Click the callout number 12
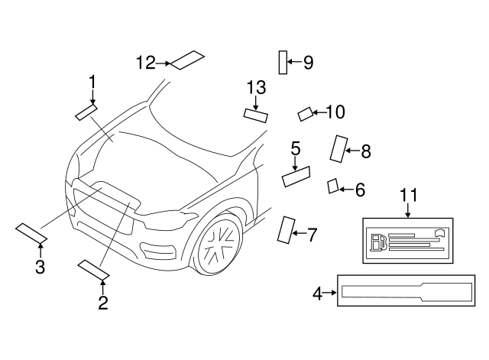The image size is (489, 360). (x=145, y=63)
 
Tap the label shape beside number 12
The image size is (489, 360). (x=187, y=60)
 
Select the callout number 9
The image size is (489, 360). (x=308, y=63)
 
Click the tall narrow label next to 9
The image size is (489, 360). (x=283, y=62)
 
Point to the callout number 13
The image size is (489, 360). (x=256, y=88)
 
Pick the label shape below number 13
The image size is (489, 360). (x=255, y=115)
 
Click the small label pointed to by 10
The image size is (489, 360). (x=305, y=115)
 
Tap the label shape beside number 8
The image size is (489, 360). (x=338, y=148)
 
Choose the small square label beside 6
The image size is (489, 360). (x=332, y=186)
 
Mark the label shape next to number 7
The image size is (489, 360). (x=287, y=229)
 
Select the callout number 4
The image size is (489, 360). (x=317, y=292)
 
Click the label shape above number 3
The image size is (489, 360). (x=31, y=232)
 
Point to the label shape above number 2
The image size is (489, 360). (x=93, y=268)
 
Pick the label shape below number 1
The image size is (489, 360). (x=86, y=112)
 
